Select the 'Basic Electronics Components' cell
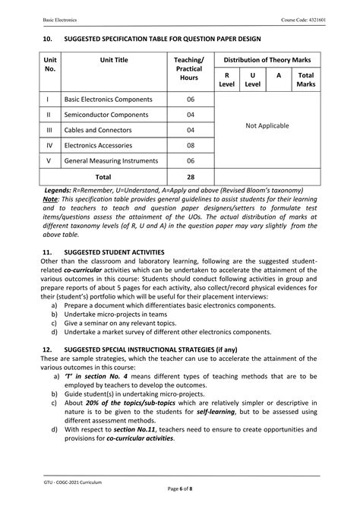click(x=108, y=100)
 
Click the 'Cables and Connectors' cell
click(x=99, y=129)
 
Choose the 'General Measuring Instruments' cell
click(x=111, y=160)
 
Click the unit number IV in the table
click(x=49, y=144)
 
